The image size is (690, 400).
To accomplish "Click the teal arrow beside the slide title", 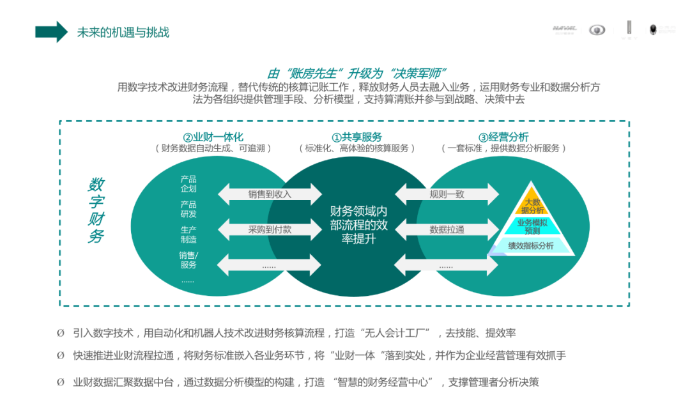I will [51, 31].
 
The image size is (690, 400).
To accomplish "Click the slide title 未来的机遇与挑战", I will [123, 32].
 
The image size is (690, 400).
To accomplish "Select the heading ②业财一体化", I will [213, 137].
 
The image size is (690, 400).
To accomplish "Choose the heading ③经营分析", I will [503, 137].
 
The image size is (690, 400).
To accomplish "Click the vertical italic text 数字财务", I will [96, 210].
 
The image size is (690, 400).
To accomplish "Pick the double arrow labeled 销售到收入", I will [270, 194].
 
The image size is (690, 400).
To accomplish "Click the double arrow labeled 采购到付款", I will [270, 229].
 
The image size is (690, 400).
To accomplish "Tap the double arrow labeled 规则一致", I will [447, 194].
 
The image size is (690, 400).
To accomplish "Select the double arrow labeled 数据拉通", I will [447, 229].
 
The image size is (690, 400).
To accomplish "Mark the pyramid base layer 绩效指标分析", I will [531, 246].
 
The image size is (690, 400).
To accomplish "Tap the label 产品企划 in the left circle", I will [188, 184].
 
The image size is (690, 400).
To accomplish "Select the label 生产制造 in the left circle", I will [188, 235].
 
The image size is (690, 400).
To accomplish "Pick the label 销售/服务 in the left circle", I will [188, 260].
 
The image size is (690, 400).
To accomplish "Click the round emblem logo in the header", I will [597, 30].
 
